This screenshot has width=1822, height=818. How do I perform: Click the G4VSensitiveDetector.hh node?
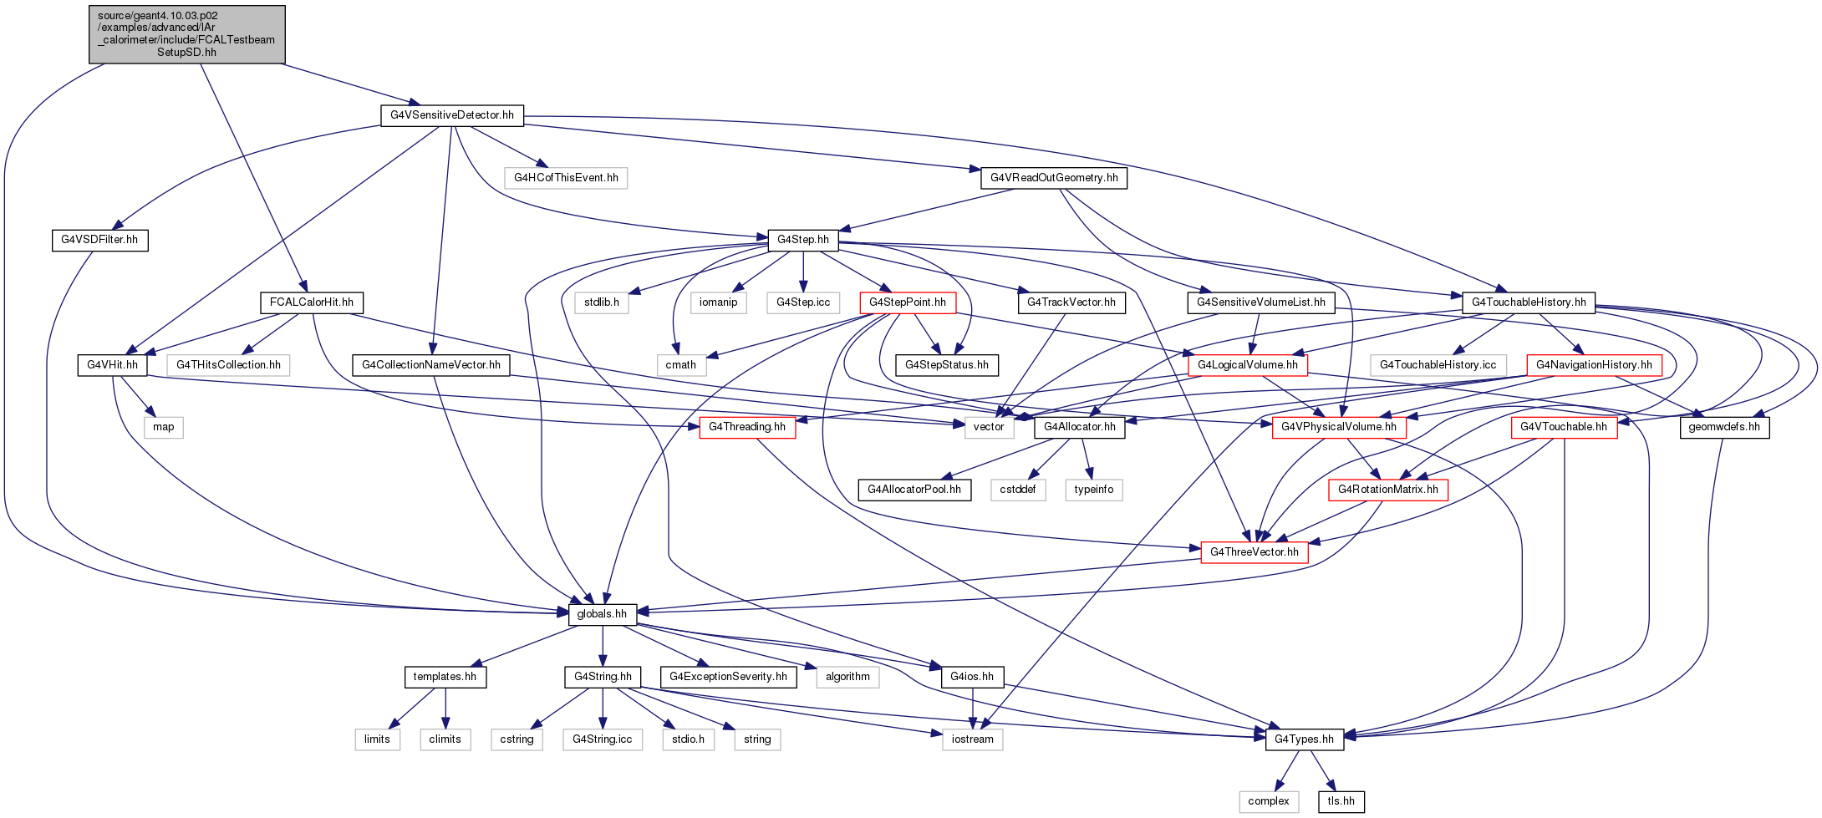[452, 115]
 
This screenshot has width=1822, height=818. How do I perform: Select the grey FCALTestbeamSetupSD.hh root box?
[187, 34]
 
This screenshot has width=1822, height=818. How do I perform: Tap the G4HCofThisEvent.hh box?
[566, 178]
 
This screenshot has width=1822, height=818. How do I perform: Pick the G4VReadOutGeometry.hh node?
[1054, 178]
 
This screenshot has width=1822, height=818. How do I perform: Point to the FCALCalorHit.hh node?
[312, 302]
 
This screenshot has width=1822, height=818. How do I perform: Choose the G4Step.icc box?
[803, 302]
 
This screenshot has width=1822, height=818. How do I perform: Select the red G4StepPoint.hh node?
[908, 302]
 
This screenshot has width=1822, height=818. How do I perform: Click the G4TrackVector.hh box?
[1071, 302]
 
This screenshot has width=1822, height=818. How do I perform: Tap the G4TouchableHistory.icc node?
[1438, 365]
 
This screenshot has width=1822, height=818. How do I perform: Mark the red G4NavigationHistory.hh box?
[1594, 365]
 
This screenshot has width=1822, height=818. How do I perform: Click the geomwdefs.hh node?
[1724, 427]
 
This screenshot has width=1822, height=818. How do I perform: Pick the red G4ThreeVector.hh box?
[1255, 552]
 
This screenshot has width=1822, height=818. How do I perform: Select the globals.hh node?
[603, 614]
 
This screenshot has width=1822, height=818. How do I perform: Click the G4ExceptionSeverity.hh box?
[729, 677]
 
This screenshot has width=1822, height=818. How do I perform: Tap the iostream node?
[973, 739]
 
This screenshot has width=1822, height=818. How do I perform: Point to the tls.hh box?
[1341, 801]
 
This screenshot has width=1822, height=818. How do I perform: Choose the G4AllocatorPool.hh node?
[914, 490]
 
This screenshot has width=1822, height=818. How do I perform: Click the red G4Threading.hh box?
[747, 427]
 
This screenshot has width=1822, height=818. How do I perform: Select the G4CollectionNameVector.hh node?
[431, 365]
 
